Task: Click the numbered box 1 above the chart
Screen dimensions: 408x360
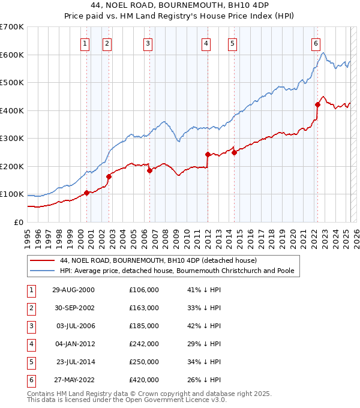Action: point(85,43)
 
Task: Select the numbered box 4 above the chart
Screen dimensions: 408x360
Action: point(206,43)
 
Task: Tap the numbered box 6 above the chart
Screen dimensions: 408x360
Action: point(316,43)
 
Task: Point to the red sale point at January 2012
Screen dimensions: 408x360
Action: point(208,154)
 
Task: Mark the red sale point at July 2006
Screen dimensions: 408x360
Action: point(149,170)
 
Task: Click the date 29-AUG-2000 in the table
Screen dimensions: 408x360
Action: point(74,290)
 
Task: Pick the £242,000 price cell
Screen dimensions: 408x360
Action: point(144,344)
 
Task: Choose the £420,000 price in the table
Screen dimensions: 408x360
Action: point(144,380)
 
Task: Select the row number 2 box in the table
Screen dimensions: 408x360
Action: point(31,308)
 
